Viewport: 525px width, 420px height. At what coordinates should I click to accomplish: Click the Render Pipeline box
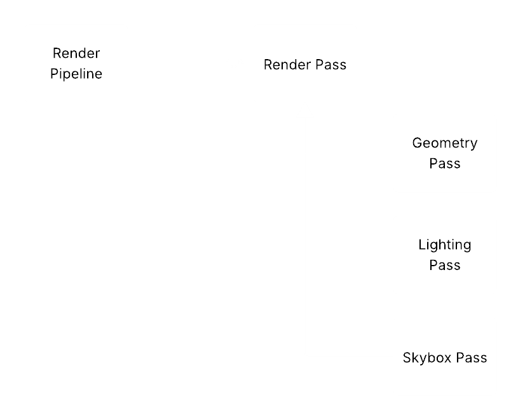point(76,64)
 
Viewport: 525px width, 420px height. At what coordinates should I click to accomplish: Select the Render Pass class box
point(305,64)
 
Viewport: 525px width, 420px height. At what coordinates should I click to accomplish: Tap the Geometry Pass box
point(445,153)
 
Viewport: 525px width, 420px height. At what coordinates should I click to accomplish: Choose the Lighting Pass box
point(445,255)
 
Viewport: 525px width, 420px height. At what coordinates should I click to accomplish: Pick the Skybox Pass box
point(445,356)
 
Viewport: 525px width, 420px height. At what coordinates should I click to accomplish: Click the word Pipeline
point(76,74)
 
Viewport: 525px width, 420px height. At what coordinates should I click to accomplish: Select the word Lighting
point(445,245)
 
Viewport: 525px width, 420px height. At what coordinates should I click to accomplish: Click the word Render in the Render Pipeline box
point(76,53)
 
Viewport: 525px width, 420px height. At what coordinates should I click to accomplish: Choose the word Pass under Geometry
point(445,163)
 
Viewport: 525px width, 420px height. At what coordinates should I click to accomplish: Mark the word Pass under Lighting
point(445,265)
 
